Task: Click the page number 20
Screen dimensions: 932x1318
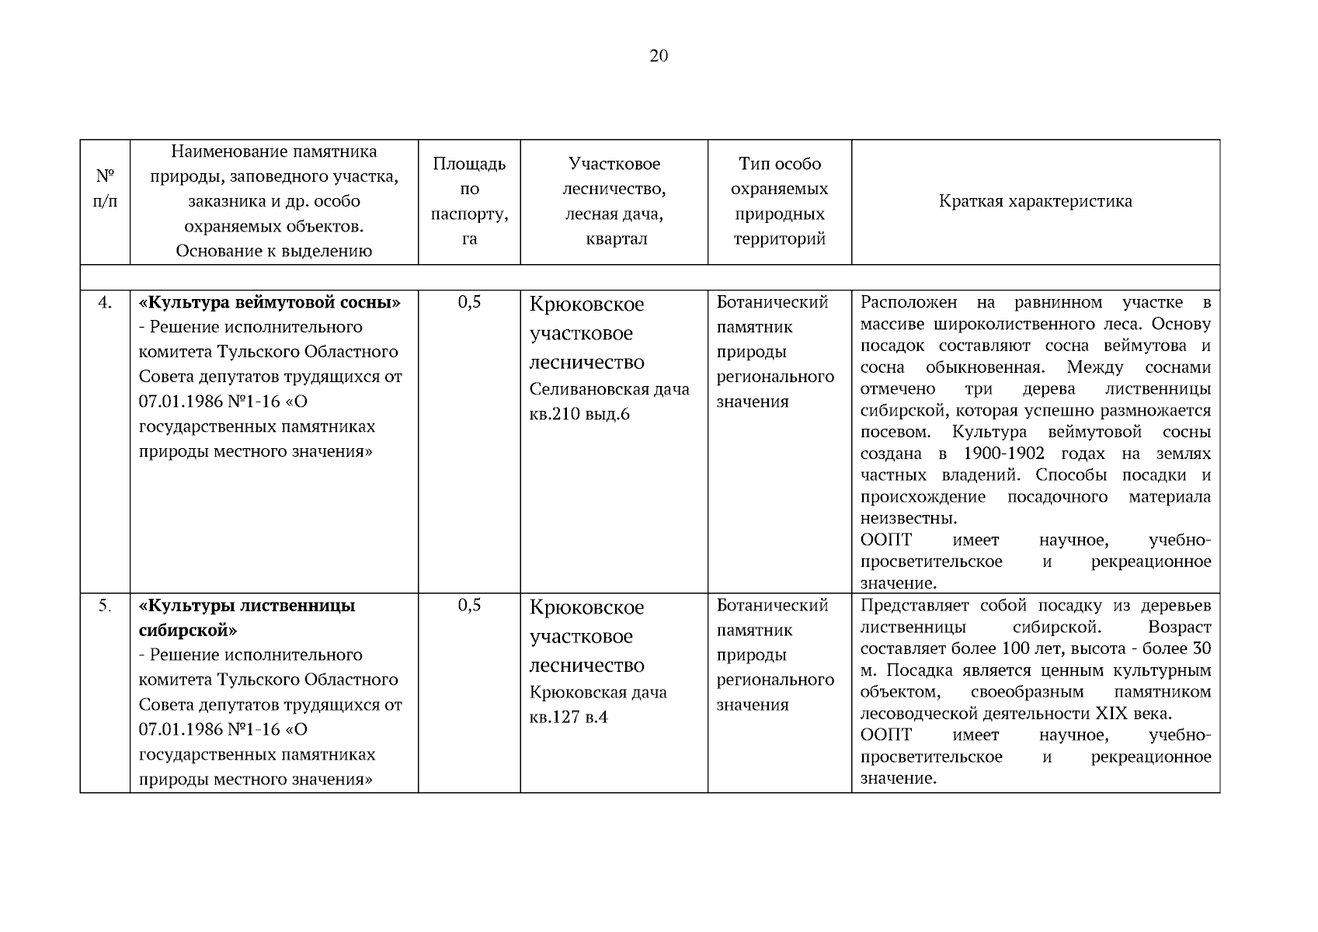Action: click(x=658, y=56)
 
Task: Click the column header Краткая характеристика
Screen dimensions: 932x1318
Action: click(x=1035, y=201)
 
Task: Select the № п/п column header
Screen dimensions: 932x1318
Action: click(x=105, y=188)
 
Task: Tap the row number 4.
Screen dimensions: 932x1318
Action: click(x=105, y=303)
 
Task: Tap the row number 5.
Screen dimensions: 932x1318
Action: click(x=105, y=606)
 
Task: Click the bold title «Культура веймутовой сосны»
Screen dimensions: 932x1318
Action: click(x=270, y=302)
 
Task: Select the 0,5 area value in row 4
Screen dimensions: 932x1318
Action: click(x=469, y=302)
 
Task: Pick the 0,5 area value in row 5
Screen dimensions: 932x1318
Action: click(x=469, y=605)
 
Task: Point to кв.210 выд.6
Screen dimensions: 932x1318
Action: click(x=579, y=414)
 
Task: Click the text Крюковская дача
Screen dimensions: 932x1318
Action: click(x=598, y=692)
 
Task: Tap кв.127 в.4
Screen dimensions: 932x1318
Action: click(x=569, y=717)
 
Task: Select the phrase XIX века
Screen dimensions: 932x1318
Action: click(x=1133, y=714)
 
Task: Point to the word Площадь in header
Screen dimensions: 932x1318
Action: click(x=469, y=164)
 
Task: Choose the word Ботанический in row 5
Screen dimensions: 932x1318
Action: click(x=772, y=605)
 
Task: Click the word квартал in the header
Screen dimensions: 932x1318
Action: click(x=615, y=238)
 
